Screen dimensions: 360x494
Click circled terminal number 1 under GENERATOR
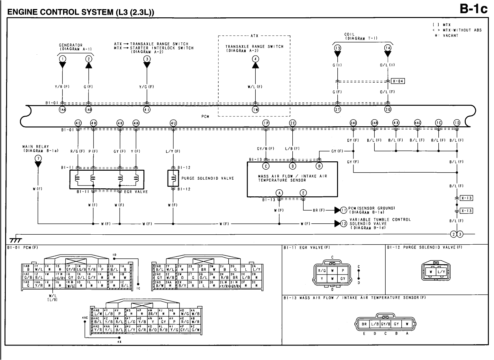[x=62, y=58]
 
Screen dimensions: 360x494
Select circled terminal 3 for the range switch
[x=147, y=59]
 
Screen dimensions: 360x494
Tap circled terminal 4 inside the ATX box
[x=255, y=59]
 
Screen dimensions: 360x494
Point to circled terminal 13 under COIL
[x=337, y=48]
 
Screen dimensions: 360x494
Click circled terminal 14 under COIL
[x=388, y=48]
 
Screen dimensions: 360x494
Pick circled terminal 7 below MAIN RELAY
[x=38, y=158]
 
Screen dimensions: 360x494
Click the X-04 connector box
[x=398, y=81]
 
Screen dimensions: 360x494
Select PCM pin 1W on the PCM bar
[x=255, y=110]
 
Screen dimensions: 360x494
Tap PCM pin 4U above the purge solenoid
[x=173, y=122]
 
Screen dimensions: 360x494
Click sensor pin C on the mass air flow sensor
[x=266, y=166]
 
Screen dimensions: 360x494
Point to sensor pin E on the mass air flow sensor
[x=303, y=193]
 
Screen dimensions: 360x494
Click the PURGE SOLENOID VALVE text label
[x=207, y=178]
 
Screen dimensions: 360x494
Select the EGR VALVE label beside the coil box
[x=136, y=192]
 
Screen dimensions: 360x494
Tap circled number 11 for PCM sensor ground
[x=344, y=210]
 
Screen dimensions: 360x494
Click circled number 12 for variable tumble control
[x=344, y=223]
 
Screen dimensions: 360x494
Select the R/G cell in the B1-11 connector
[x=322, y=271]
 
